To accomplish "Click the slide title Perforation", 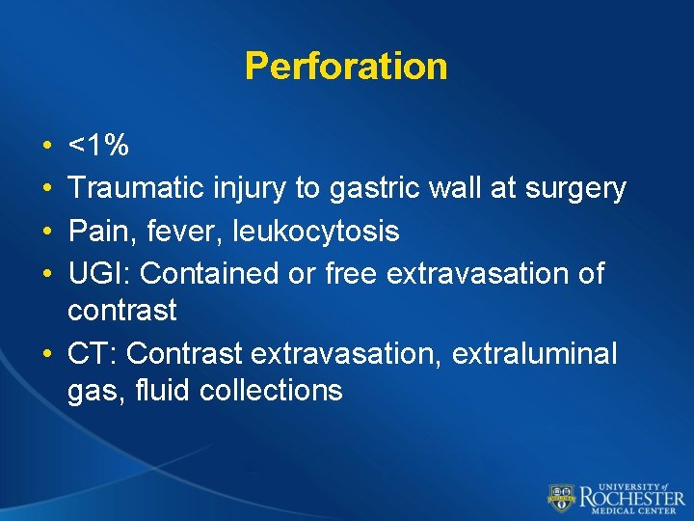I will pos(346,66).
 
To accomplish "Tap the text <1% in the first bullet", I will pos(98,147).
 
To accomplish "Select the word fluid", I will pos(158,390).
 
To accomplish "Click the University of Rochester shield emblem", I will pos(562,496).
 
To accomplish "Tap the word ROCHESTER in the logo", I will pos(631,496).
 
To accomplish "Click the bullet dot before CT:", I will pos(47,355).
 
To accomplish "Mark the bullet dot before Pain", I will pos(47,232).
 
